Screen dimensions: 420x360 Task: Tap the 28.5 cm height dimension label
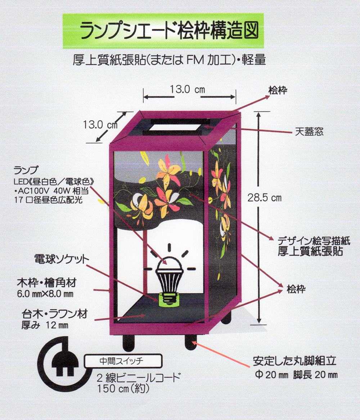(264, 197)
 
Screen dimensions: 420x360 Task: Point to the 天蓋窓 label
(309, 132)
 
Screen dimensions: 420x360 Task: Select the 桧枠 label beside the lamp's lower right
(296, 289)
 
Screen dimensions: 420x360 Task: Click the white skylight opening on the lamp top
(175, 127)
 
